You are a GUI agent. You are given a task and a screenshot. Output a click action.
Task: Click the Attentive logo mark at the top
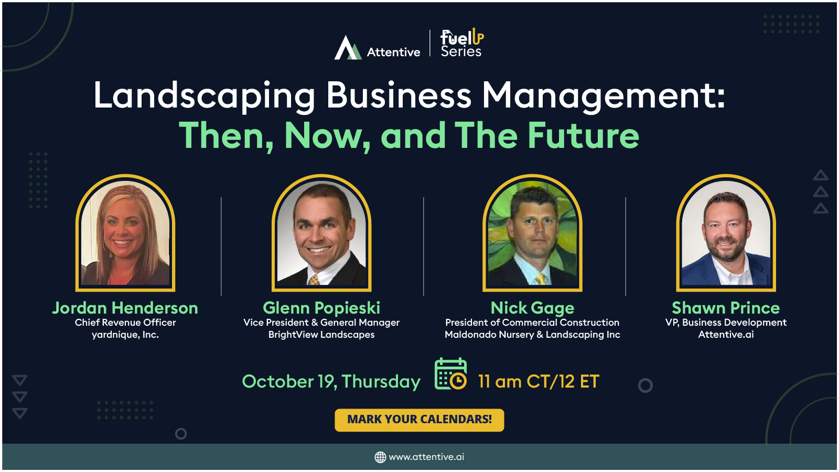tap(348, 48)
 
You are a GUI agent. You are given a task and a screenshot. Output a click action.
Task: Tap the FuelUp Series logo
tap(461, 43)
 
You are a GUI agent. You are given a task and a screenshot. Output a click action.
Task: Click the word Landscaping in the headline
tap(204, 95)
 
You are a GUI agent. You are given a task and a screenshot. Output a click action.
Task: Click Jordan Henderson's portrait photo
tap(125, 233)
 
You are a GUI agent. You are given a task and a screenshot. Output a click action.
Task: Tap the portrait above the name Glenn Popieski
tap(321, 233)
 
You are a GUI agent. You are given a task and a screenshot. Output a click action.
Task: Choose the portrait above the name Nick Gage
tap(532, 233)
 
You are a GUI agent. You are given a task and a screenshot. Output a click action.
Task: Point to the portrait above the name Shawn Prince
tap(726, 233)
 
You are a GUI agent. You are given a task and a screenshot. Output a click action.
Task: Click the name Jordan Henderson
tap(125, 308)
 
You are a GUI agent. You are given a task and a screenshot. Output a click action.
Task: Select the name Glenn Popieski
tap(321, 308)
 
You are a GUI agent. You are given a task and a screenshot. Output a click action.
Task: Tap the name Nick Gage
tap(532, 308)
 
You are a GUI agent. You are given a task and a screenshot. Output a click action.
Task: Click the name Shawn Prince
tap(726, 308)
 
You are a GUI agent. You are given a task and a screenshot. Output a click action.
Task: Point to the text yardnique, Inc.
tap(125, 335)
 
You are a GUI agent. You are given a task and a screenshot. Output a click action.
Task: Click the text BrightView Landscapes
tap(321, 335)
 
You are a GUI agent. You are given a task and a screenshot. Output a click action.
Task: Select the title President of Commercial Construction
tap(532, 323)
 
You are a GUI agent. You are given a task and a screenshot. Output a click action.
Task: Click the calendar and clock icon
tap(450, 374)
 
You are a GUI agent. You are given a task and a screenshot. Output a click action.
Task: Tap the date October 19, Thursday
tap(331, 381)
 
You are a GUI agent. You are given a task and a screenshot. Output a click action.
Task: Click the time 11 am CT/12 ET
tap(539, 381)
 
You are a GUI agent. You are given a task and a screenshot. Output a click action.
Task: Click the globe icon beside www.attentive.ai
tap(380, 457)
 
